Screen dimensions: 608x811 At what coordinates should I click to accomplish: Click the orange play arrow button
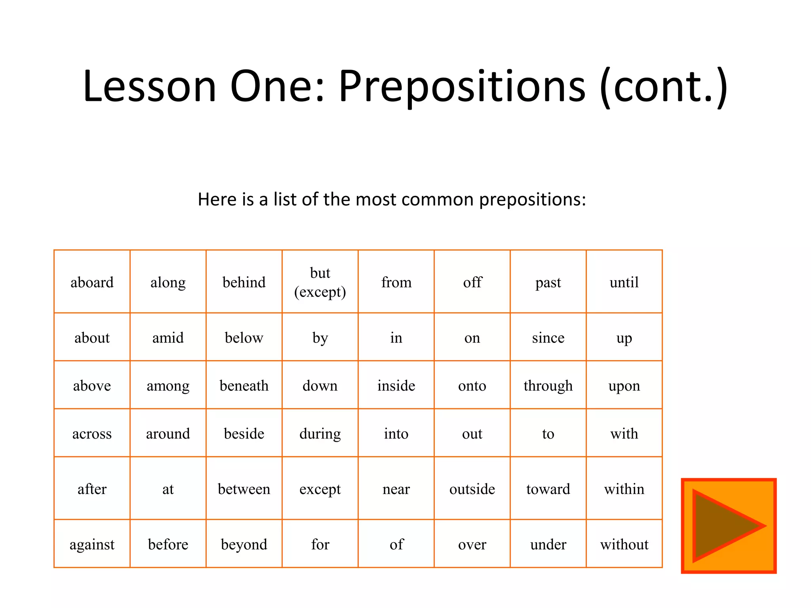(x=728, y=526)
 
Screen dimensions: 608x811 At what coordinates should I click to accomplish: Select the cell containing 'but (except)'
(x=320, y=282)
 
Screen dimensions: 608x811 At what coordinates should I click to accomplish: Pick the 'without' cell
(x=624, y=544)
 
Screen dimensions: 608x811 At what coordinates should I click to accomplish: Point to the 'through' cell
(x=548, y=386)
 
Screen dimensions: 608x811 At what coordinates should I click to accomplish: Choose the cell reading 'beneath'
(x=244, y=386)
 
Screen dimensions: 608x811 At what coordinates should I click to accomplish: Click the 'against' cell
(x=92, y=544)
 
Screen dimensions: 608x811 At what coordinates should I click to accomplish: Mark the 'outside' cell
(x=472, y=489)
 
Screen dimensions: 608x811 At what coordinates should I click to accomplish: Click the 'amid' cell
(x=168, y=338)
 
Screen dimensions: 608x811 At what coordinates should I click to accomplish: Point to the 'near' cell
(x=396, y=489)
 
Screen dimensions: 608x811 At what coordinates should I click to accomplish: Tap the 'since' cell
(x=548, y=338)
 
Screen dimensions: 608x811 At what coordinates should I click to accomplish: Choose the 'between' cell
(x=244, y=489)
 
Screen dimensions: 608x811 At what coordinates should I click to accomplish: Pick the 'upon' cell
(x=624, y=386)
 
